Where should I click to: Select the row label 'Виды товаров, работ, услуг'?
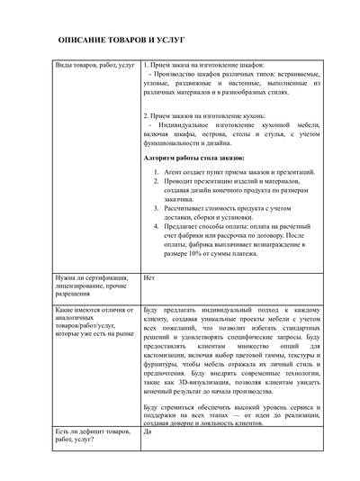(x=94, y=67)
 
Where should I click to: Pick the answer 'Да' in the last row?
(x=148, y=432)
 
